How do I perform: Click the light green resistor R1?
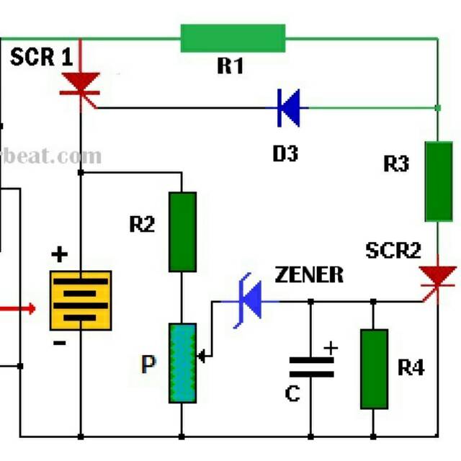tap(233, 38)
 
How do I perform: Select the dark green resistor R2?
tap(182, 232)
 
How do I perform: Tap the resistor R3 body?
tap(439, 181)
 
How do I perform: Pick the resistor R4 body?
tap(375, 369)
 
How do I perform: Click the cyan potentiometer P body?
tap(182, 363)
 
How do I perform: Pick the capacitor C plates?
tap(311, 366)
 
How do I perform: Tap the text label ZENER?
tap(309, 274)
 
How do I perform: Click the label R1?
tap(230, 67)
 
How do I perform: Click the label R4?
tap(411, 369)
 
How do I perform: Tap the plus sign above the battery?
tap(60, 255)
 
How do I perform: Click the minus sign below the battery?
tap(59, 344)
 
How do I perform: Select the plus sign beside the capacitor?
tap(331, 348)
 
